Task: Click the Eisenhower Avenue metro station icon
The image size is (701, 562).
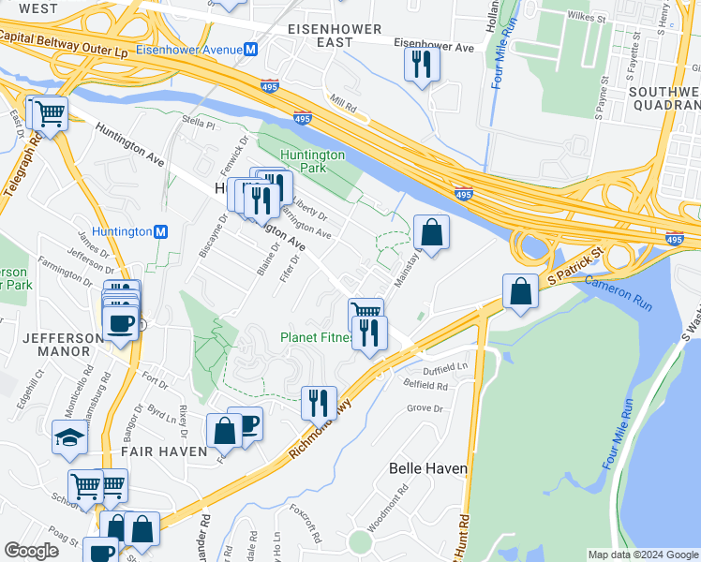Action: (x=250, y=49)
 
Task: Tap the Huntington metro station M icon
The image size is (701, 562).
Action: (x=160, y=231)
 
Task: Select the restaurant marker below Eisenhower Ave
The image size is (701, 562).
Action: (x=421, y=65)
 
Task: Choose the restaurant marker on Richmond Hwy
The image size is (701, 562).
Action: (x=319, y=403)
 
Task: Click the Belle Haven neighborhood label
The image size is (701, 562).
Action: (x=427, y=468)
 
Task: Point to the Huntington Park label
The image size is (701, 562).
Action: (x=314, y=162)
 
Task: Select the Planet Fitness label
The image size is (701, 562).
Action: (x=317, y=337)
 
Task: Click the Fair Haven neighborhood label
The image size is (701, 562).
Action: (x=163, y=451)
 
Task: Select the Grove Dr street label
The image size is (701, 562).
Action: (x=425, y=408)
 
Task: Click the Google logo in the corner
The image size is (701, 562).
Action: (x=31, y=550)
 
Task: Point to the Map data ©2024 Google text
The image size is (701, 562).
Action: (x=642, y=555)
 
